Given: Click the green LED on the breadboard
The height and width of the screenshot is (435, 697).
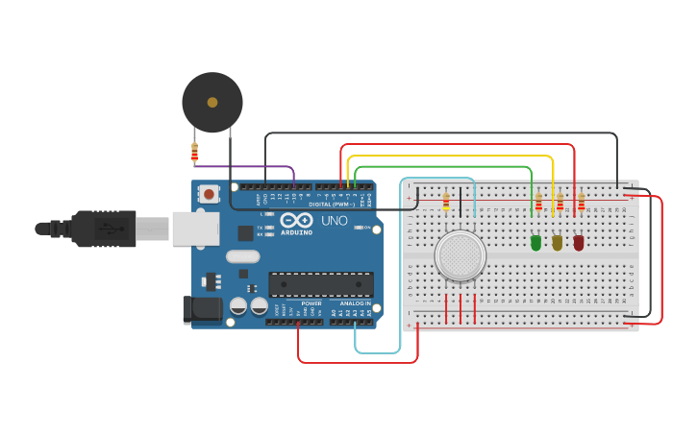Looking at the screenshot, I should [x=535, y=243].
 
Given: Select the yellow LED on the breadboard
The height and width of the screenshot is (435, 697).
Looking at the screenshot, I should [x=558, y=243].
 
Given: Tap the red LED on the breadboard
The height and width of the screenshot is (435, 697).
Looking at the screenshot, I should [x=579, y=243].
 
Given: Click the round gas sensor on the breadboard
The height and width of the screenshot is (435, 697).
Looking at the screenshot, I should [x=460, y=255].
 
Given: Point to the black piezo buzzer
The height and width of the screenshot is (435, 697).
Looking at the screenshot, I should [x=212, y=102].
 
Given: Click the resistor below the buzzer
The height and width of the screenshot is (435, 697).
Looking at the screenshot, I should [x=194, y=152].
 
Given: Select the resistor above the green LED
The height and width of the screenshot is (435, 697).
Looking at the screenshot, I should [x=538, y=202].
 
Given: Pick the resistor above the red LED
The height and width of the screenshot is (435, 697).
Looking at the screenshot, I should [x=581, y=202].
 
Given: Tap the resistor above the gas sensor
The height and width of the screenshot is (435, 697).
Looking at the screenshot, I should [x=446, y=201].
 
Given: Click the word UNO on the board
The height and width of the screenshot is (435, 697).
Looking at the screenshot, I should [x=334, y=221].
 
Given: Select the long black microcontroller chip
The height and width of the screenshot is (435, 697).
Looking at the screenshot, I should [x=321, y=284].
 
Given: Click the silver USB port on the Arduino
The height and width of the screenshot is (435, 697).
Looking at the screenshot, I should [x=195, y=229].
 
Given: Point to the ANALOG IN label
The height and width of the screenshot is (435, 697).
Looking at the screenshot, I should [x=355, y=303].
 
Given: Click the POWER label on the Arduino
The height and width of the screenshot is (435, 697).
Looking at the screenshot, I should [x=311, y=303].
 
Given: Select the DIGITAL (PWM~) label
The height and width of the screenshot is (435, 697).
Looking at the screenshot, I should [x=332, y=205].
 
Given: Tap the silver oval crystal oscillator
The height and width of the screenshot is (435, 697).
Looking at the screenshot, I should [x=243, y=256].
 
